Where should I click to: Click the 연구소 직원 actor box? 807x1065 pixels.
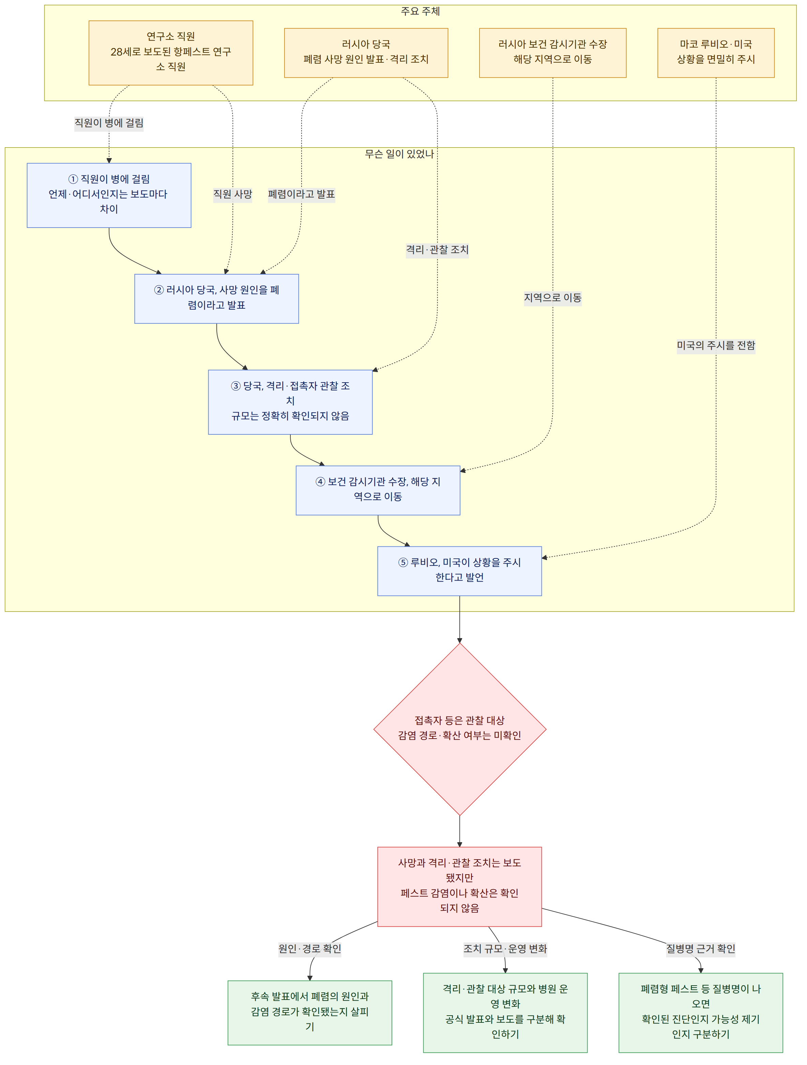pyautogui.click(x=171, y=53)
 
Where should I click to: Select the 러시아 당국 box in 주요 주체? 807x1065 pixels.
pyautogui.click(x=366, y=53)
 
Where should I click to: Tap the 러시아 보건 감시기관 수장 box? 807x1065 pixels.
pyautogui.click(x=553, y=53)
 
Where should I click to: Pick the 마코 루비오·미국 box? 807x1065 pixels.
pyautogui.click(x=716, y=53)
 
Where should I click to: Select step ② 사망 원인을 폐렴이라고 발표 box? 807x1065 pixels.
pyautogui.click(x=217, y=299)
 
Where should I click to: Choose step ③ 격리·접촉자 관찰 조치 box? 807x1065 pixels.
pyautogui.click(x=290, y=402)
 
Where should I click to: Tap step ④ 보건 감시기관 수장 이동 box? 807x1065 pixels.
pyautogui.click(x=378, y=491)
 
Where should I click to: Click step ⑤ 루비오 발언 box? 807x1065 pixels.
pyautogui.click(x=460, y=571)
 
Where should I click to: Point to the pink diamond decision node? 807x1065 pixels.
pyautogui.click(x=460, y=729)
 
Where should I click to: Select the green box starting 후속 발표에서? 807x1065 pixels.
pyautogui.click(x=310, y=1013)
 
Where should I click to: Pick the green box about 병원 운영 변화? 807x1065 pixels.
pyautogui.click(x=506, y=1013)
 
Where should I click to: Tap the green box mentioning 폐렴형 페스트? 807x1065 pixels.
pyautogui.click(x=701, y=1013)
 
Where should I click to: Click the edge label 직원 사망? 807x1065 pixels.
pyautogui.click(x=233, y=194)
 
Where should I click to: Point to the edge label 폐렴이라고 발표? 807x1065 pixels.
pyautogui.click(x=301, y=194)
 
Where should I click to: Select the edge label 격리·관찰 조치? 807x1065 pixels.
pyautogui.click(x=437, y=249)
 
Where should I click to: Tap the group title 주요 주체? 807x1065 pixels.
pyautogui.click(x=420, y=11)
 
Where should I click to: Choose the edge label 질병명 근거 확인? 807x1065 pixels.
pyautogui.click(x=701, y=948)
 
